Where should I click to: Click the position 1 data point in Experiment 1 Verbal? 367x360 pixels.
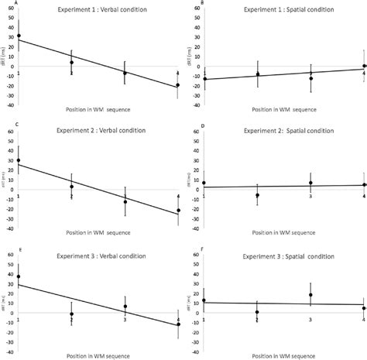click(19, 36)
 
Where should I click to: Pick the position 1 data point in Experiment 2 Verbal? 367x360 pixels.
click(19, 160)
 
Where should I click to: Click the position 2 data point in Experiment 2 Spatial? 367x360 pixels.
click(257, 195)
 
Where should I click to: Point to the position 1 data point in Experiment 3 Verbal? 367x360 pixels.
click(19, 276)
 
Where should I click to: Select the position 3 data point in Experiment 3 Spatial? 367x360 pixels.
click(310, 294)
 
